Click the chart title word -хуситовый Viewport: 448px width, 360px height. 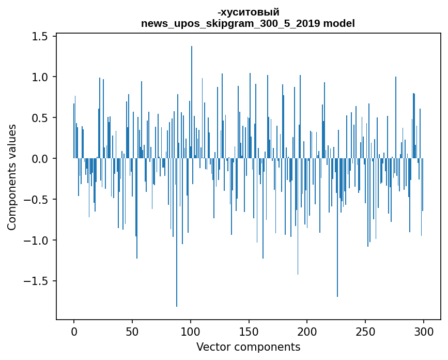coord(248,12)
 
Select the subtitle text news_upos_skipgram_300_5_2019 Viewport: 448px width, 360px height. coord(225,23)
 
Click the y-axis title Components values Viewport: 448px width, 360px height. coord(11,177)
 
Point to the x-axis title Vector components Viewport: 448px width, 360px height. coord(248,347)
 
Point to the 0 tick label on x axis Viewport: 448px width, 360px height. coord(74,331)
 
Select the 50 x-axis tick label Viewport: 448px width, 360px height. coord(132,331)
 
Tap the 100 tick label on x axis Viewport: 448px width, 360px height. coord(191,331)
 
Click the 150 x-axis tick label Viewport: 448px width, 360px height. coord(249,331)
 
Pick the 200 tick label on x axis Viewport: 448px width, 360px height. coord(307,331)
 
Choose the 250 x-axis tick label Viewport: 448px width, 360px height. coord(366,331)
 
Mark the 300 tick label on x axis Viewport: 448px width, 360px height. coord(424,331)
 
